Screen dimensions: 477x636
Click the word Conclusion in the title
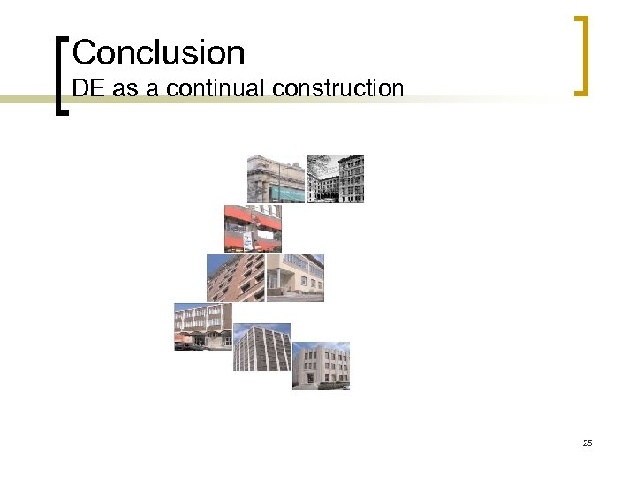(x=158, y=53)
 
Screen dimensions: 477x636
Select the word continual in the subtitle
(x=217, y=88)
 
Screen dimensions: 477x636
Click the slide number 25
(x=587, y=443)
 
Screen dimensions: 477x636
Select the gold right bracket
(x=580, y=55)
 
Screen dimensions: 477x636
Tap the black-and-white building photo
(x=335, y=179)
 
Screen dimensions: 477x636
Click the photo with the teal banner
(x=276, y=179)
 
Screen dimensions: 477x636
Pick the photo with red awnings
(x=253, y=229)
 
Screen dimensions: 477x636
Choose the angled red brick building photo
(x=235, y=278)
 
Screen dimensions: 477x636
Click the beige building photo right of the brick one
(x=295, y=278)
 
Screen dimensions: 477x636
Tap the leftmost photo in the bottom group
(x=203, y=327)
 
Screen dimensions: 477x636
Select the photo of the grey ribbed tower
(x=262, y=347)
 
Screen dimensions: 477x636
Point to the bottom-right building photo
(x=321, y=366)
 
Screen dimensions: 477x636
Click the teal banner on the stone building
(x=286, y=191)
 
